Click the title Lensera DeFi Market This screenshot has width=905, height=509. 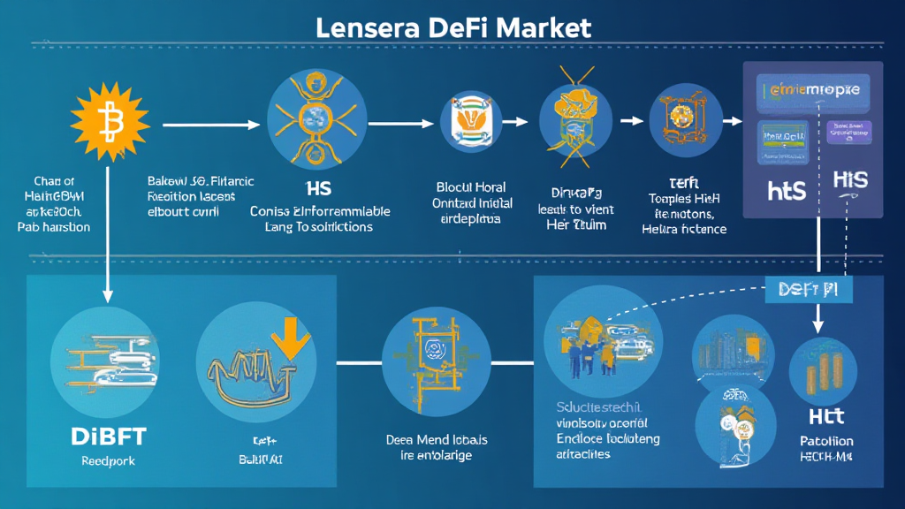point(452,26)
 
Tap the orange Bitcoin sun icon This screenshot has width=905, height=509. point(110,120)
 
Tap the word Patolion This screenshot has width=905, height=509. point(826,441)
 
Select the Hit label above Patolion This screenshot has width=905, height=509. point(827,415)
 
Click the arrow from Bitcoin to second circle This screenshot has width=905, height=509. point(212,125)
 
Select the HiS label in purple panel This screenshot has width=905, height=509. point(850,181)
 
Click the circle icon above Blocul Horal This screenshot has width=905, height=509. point(471,126)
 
